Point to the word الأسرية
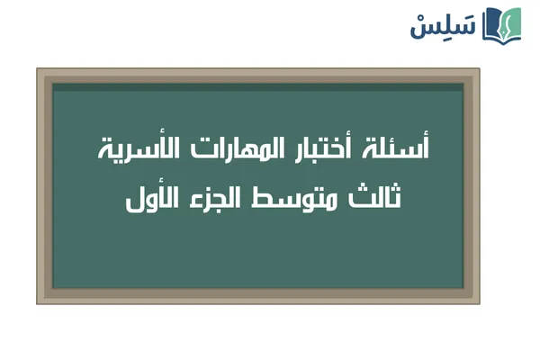point(139,149)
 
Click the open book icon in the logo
point(502,24)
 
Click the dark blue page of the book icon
point(492,25)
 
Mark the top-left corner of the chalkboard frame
point(39,70)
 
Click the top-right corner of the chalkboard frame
point(478,70)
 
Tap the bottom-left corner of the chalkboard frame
point(39,301)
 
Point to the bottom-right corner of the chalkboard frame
point(478,301)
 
